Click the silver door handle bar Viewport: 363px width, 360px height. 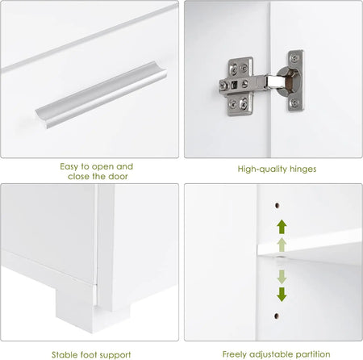pos(101,94)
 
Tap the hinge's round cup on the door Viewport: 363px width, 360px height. pos(289,81)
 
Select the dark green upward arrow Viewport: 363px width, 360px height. pos(282,227)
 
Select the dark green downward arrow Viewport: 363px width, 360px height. pos(282,294)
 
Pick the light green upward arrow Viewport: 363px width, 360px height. pos(282,245)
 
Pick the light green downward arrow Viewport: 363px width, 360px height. pos(282,277)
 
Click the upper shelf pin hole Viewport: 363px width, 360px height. pos(277,206)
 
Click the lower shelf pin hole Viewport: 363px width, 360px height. pos(277,316)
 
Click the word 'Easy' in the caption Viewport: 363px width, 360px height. pos(69,167)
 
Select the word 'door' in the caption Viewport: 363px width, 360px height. pos(118,177)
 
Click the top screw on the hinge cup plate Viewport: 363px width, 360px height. pos(295,57)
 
